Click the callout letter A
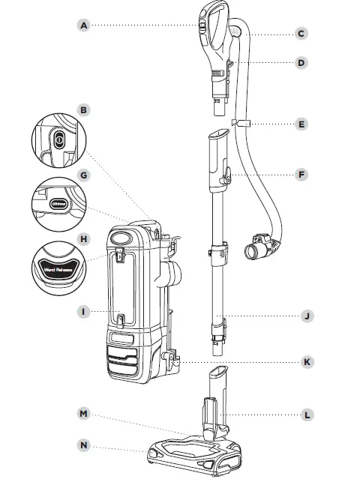(x=84, y=25)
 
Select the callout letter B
(x=84, y=110)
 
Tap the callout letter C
(x=301, y=34)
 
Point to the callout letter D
(x=301, y=63)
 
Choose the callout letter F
(x=301, y=175)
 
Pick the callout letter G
(x=84, y=175)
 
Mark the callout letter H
(x=84, y=239)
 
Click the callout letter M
(x=84, y=414)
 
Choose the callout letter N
(x=84, y=445)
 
